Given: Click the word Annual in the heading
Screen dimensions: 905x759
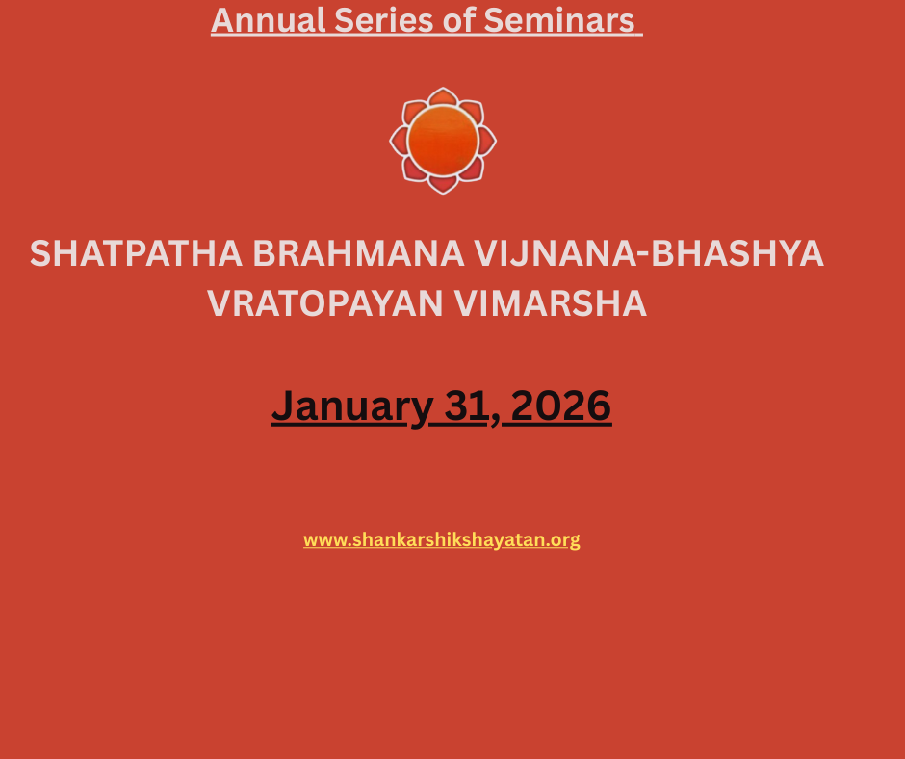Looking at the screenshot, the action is [x=269, y=20].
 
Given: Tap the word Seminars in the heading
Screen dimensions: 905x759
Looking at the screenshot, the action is [x=559, y=20].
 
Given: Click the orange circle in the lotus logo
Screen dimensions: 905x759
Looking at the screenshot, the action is [x=443, y=141].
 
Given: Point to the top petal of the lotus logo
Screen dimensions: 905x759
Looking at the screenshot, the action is [x=443, y=96].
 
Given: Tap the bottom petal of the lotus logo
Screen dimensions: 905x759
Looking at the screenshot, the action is [x=443, y=184].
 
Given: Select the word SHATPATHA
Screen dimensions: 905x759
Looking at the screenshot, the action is [x=136, y=253].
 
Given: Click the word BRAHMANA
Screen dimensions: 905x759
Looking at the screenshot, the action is [x=358, y=253].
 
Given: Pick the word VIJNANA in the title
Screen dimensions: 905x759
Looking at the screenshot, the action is [x=556, y=253].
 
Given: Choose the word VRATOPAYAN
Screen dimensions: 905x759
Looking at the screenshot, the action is [x=325, y=303].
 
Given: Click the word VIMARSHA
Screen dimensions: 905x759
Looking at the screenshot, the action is [x=550, y=303].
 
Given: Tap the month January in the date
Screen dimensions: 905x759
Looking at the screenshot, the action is [x=352, y=406].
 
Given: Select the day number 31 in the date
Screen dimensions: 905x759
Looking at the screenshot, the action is [x=466, y=406].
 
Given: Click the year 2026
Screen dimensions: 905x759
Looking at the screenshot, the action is [x=561, y=406].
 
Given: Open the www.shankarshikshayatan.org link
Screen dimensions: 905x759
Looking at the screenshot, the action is [x=442, y=540].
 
